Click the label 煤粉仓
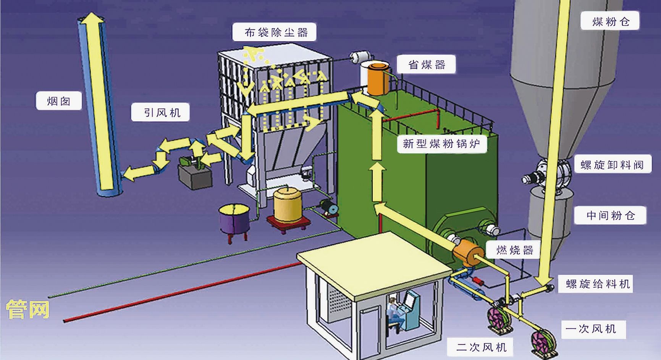point(610,21)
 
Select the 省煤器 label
point(427,65)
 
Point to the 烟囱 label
point(58,101)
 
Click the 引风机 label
point(161,113)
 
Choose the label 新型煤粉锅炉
point(441,144)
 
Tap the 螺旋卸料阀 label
point(612,165)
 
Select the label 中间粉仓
point(610,216)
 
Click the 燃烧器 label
point(514,250)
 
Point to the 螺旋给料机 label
point(597,284)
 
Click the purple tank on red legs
point(233,220)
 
